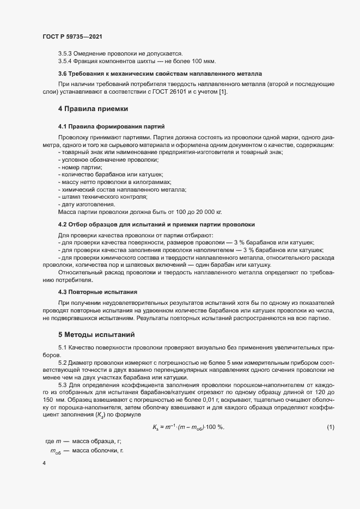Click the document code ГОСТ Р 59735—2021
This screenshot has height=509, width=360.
(72, 36)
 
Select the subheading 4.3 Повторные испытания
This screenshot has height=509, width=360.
(97, 292)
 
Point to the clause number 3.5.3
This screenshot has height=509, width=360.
(65, 53)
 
